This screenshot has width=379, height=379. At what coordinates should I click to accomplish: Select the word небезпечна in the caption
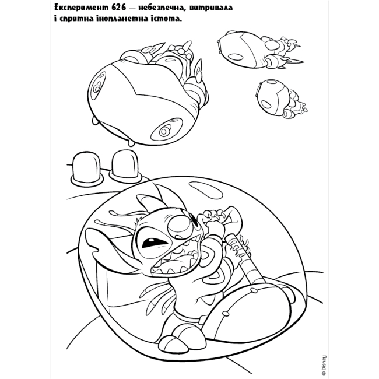162,8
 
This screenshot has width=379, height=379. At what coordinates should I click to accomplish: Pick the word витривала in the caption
211,8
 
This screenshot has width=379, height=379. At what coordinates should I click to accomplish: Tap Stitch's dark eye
150,243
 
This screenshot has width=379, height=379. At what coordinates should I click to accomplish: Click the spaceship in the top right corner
260,50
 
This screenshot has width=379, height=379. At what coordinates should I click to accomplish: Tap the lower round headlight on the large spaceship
165,131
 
